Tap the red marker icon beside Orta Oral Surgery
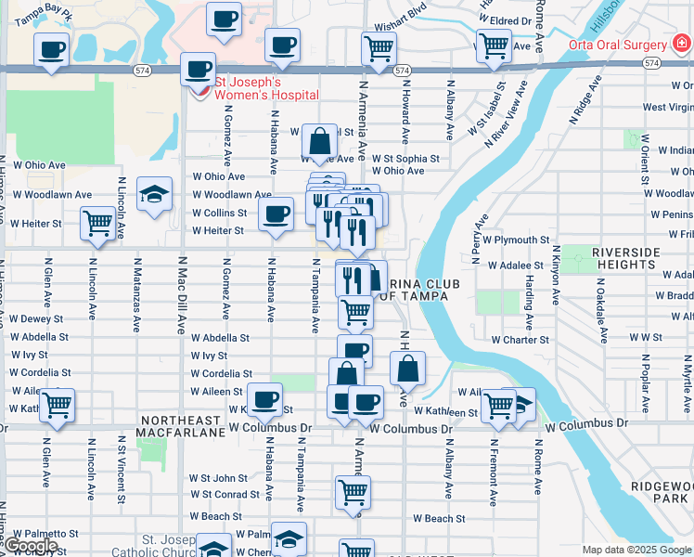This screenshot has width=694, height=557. coord(682,42)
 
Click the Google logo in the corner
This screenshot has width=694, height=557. coord(31,546)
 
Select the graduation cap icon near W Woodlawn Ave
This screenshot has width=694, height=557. coord(155,193)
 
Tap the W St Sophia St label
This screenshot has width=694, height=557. coord(405,159)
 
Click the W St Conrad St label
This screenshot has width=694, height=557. coord(225,494)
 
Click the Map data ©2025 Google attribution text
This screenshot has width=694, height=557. coord(636,550)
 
